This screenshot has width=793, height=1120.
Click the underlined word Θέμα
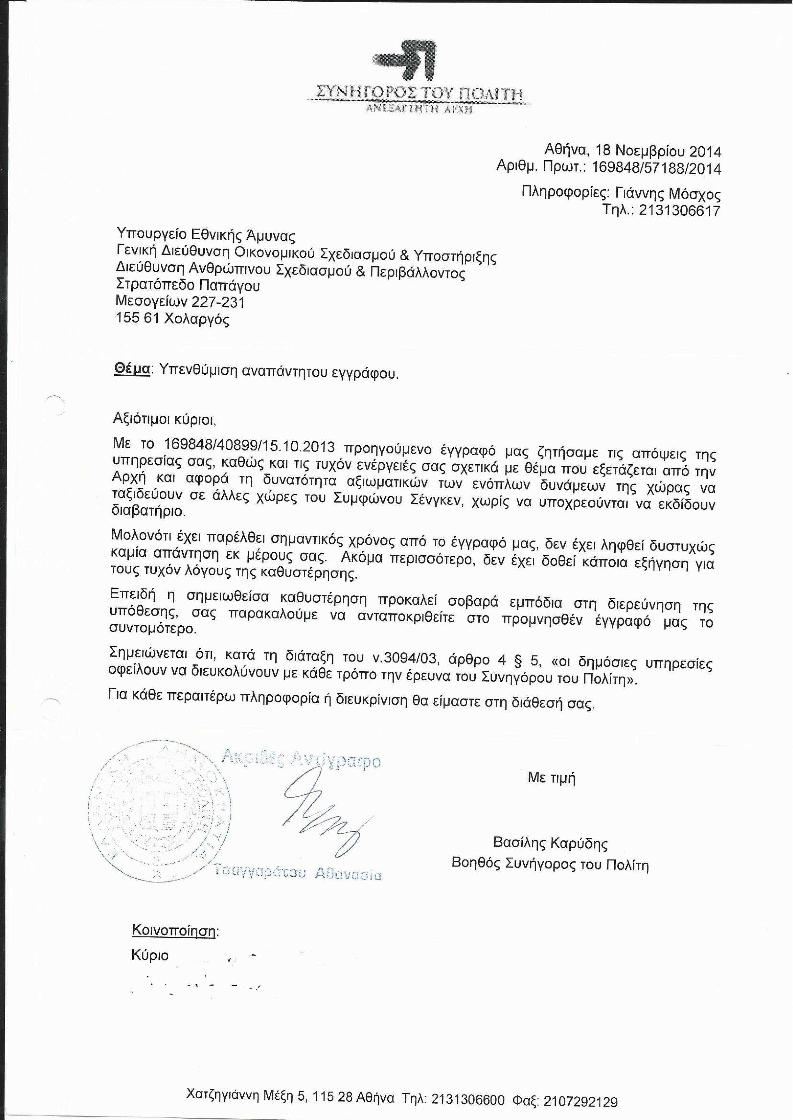pyautogui.click(x=131, y=370)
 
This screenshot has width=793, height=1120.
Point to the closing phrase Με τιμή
pyautogui.click(x=551, y=778)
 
